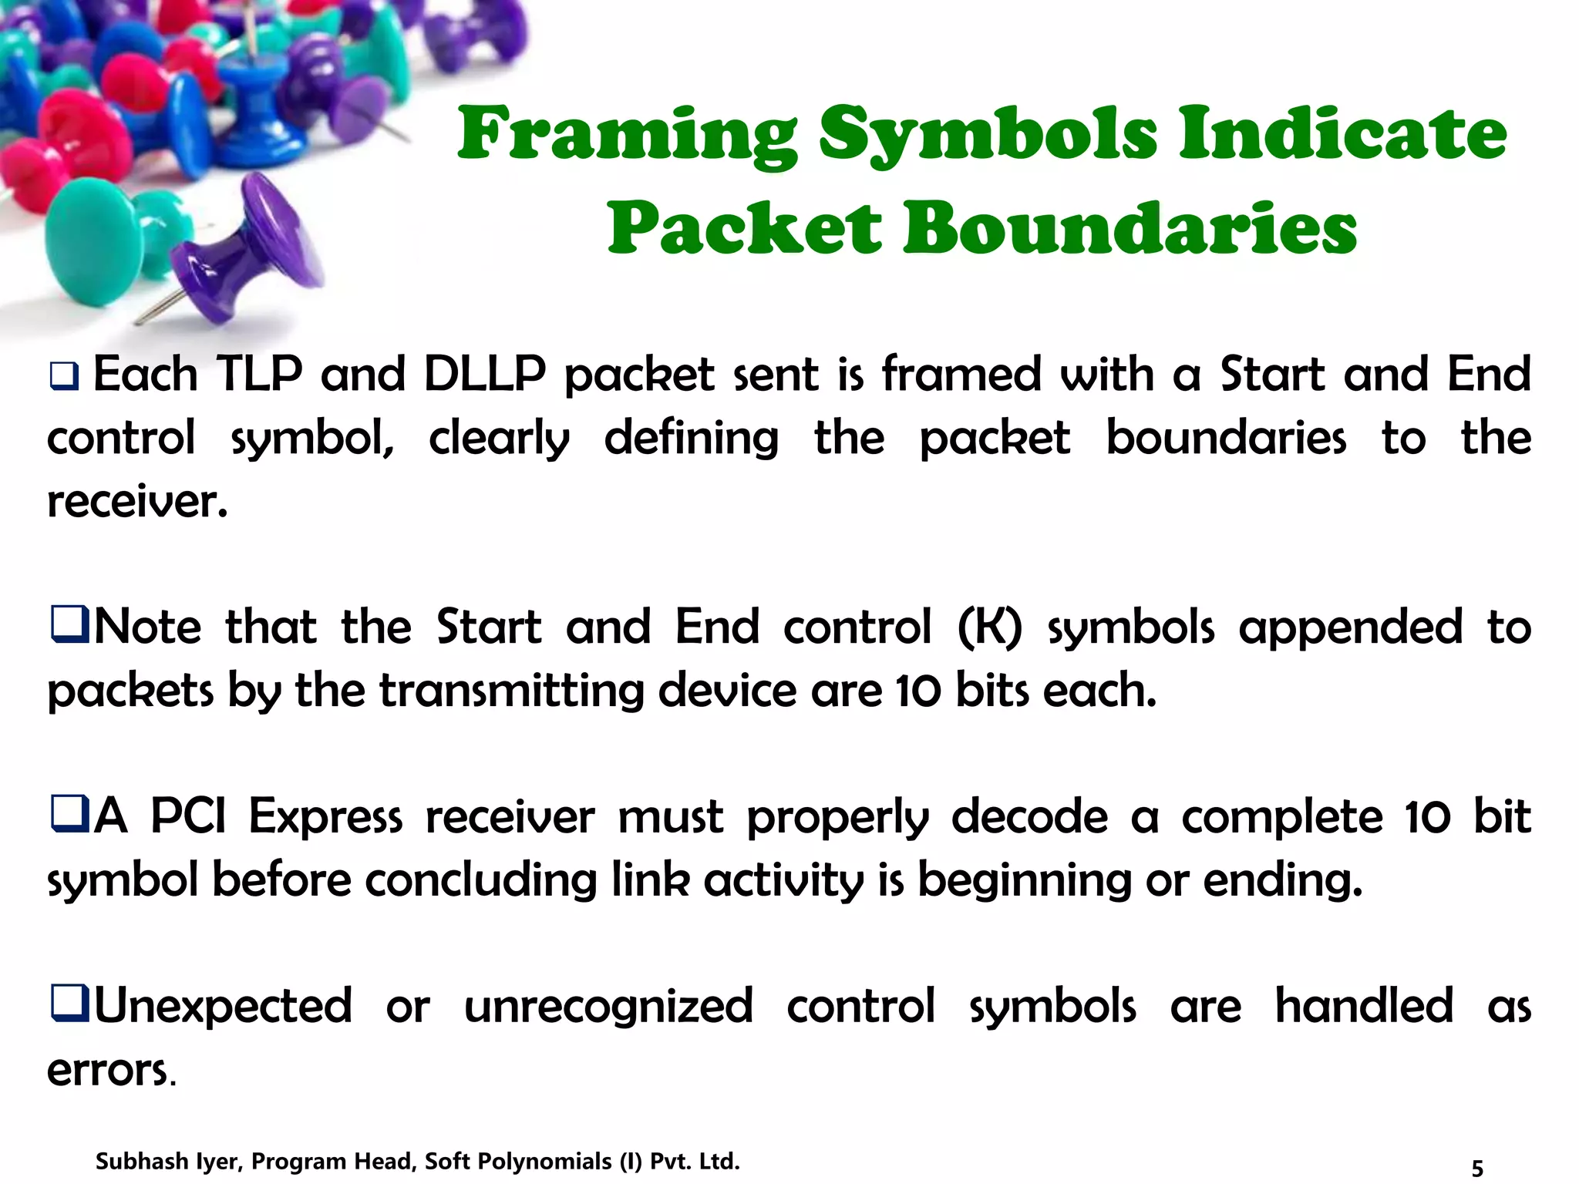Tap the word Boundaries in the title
point(1129,228)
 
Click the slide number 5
point(1476,1168)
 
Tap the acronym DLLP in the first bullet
point(484,375)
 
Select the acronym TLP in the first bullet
point(259,375)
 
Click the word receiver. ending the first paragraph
point(137,502)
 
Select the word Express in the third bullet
point(325,816)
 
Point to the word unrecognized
point(608,1006)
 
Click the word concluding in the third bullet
point(481,880)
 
